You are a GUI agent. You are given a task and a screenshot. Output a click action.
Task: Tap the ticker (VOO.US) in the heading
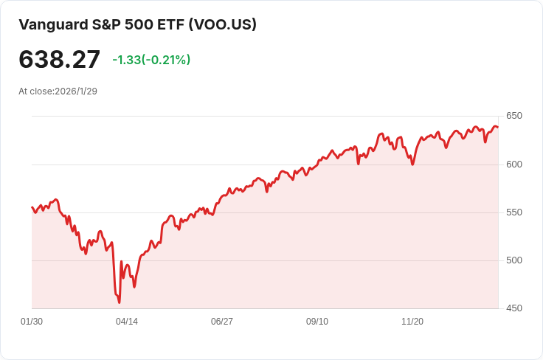pos(222,24)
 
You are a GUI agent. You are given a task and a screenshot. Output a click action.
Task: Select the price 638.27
pos(59,60)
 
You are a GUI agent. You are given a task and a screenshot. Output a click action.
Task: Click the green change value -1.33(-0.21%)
pos(151,60)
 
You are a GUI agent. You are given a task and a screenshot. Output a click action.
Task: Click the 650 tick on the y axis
pos(514,116)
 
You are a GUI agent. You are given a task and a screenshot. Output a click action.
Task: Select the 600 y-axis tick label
pos(514,164)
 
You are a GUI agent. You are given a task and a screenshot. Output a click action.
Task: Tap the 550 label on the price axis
pos(514,212)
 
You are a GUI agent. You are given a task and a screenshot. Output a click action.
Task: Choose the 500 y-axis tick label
pos(514,260)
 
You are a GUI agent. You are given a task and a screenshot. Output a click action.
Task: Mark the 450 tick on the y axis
pos(514,308)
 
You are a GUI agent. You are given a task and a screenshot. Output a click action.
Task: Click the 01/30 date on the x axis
pos(32,322)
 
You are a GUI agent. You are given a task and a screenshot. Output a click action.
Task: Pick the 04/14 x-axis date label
pos(127,322)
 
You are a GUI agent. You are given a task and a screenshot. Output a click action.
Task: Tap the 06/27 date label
pos(222,322)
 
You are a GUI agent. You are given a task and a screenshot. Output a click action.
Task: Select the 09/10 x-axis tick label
pos(317,322)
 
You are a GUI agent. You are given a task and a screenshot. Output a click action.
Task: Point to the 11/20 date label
pos(412,322)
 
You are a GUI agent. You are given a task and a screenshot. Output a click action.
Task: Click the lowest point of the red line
pos(119,302)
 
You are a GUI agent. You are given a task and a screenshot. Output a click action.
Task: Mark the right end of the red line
pos(497,128)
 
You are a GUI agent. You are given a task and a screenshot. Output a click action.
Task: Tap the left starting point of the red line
pos(32,207)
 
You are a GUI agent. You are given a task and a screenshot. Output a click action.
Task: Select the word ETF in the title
pos(170,24)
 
